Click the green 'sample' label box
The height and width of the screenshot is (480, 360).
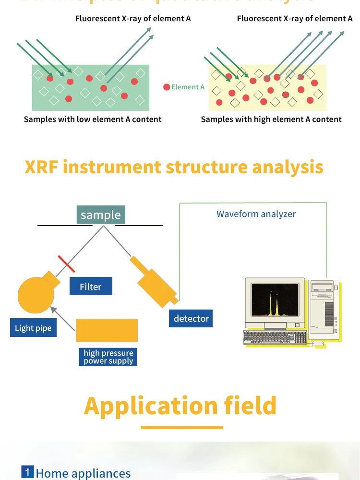[x=101, y=215]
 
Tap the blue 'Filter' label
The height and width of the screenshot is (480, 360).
[x=91, y=287]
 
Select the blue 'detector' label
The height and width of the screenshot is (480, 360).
[x=191, y=318]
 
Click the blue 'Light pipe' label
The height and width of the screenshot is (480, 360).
[x=33, y=328]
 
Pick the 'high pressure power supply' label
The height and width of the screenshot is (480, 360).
[x=108, y=357]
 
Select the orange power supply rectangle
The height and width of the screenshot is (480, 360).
[x=107, y=331]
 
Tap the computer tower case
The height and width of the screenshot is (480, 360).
[x=324, y=307]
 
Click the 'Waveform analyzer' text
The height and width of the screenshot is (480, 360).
[x=256, y=214]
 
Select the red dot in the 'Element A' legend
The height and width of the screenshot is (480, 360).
[x=167, y=87]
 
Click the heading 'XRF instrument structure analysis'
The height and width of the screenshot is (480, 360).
[x=174, y=167]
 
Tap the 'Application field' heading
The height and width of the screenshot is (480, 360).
[x=180, y=406]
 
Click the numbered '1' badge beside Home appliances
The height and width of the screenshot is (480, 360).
[x=27, y=472]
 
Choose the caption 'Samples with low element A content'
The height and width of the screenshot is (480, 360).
[x=93, y=119]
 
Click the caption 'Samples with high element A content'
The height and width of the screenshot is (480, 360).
[x=271, y=119]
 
